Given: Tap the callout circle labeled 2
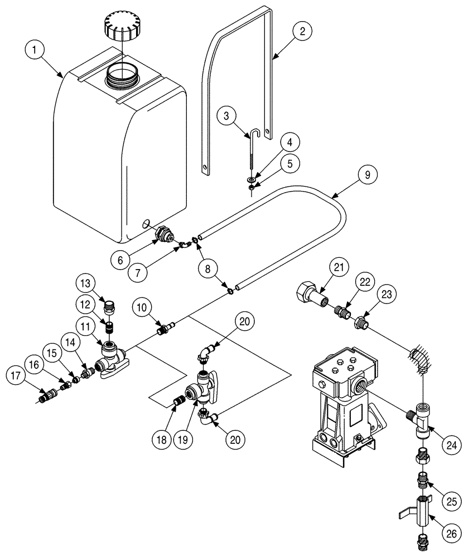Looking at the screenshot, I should [x=302, y=32].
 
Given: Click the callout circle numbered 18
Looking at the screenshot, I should [x=163, y=438].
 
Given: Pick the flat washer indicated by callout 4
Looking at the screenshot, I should [x=252, y=180].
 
